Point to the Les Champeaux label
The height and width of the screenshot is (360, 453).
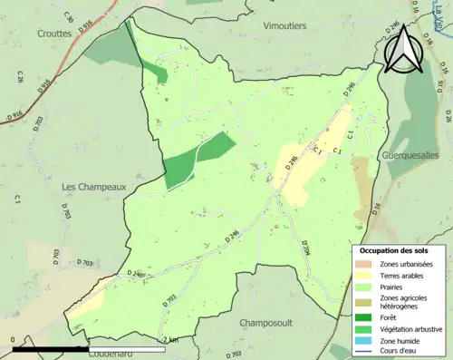92,187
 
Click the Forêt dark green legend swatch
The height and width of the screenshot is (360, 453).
365,316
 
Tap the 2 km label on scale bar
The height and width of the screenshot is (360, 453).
169,339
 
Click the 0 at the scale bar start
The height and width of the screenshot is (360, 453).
14,339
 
